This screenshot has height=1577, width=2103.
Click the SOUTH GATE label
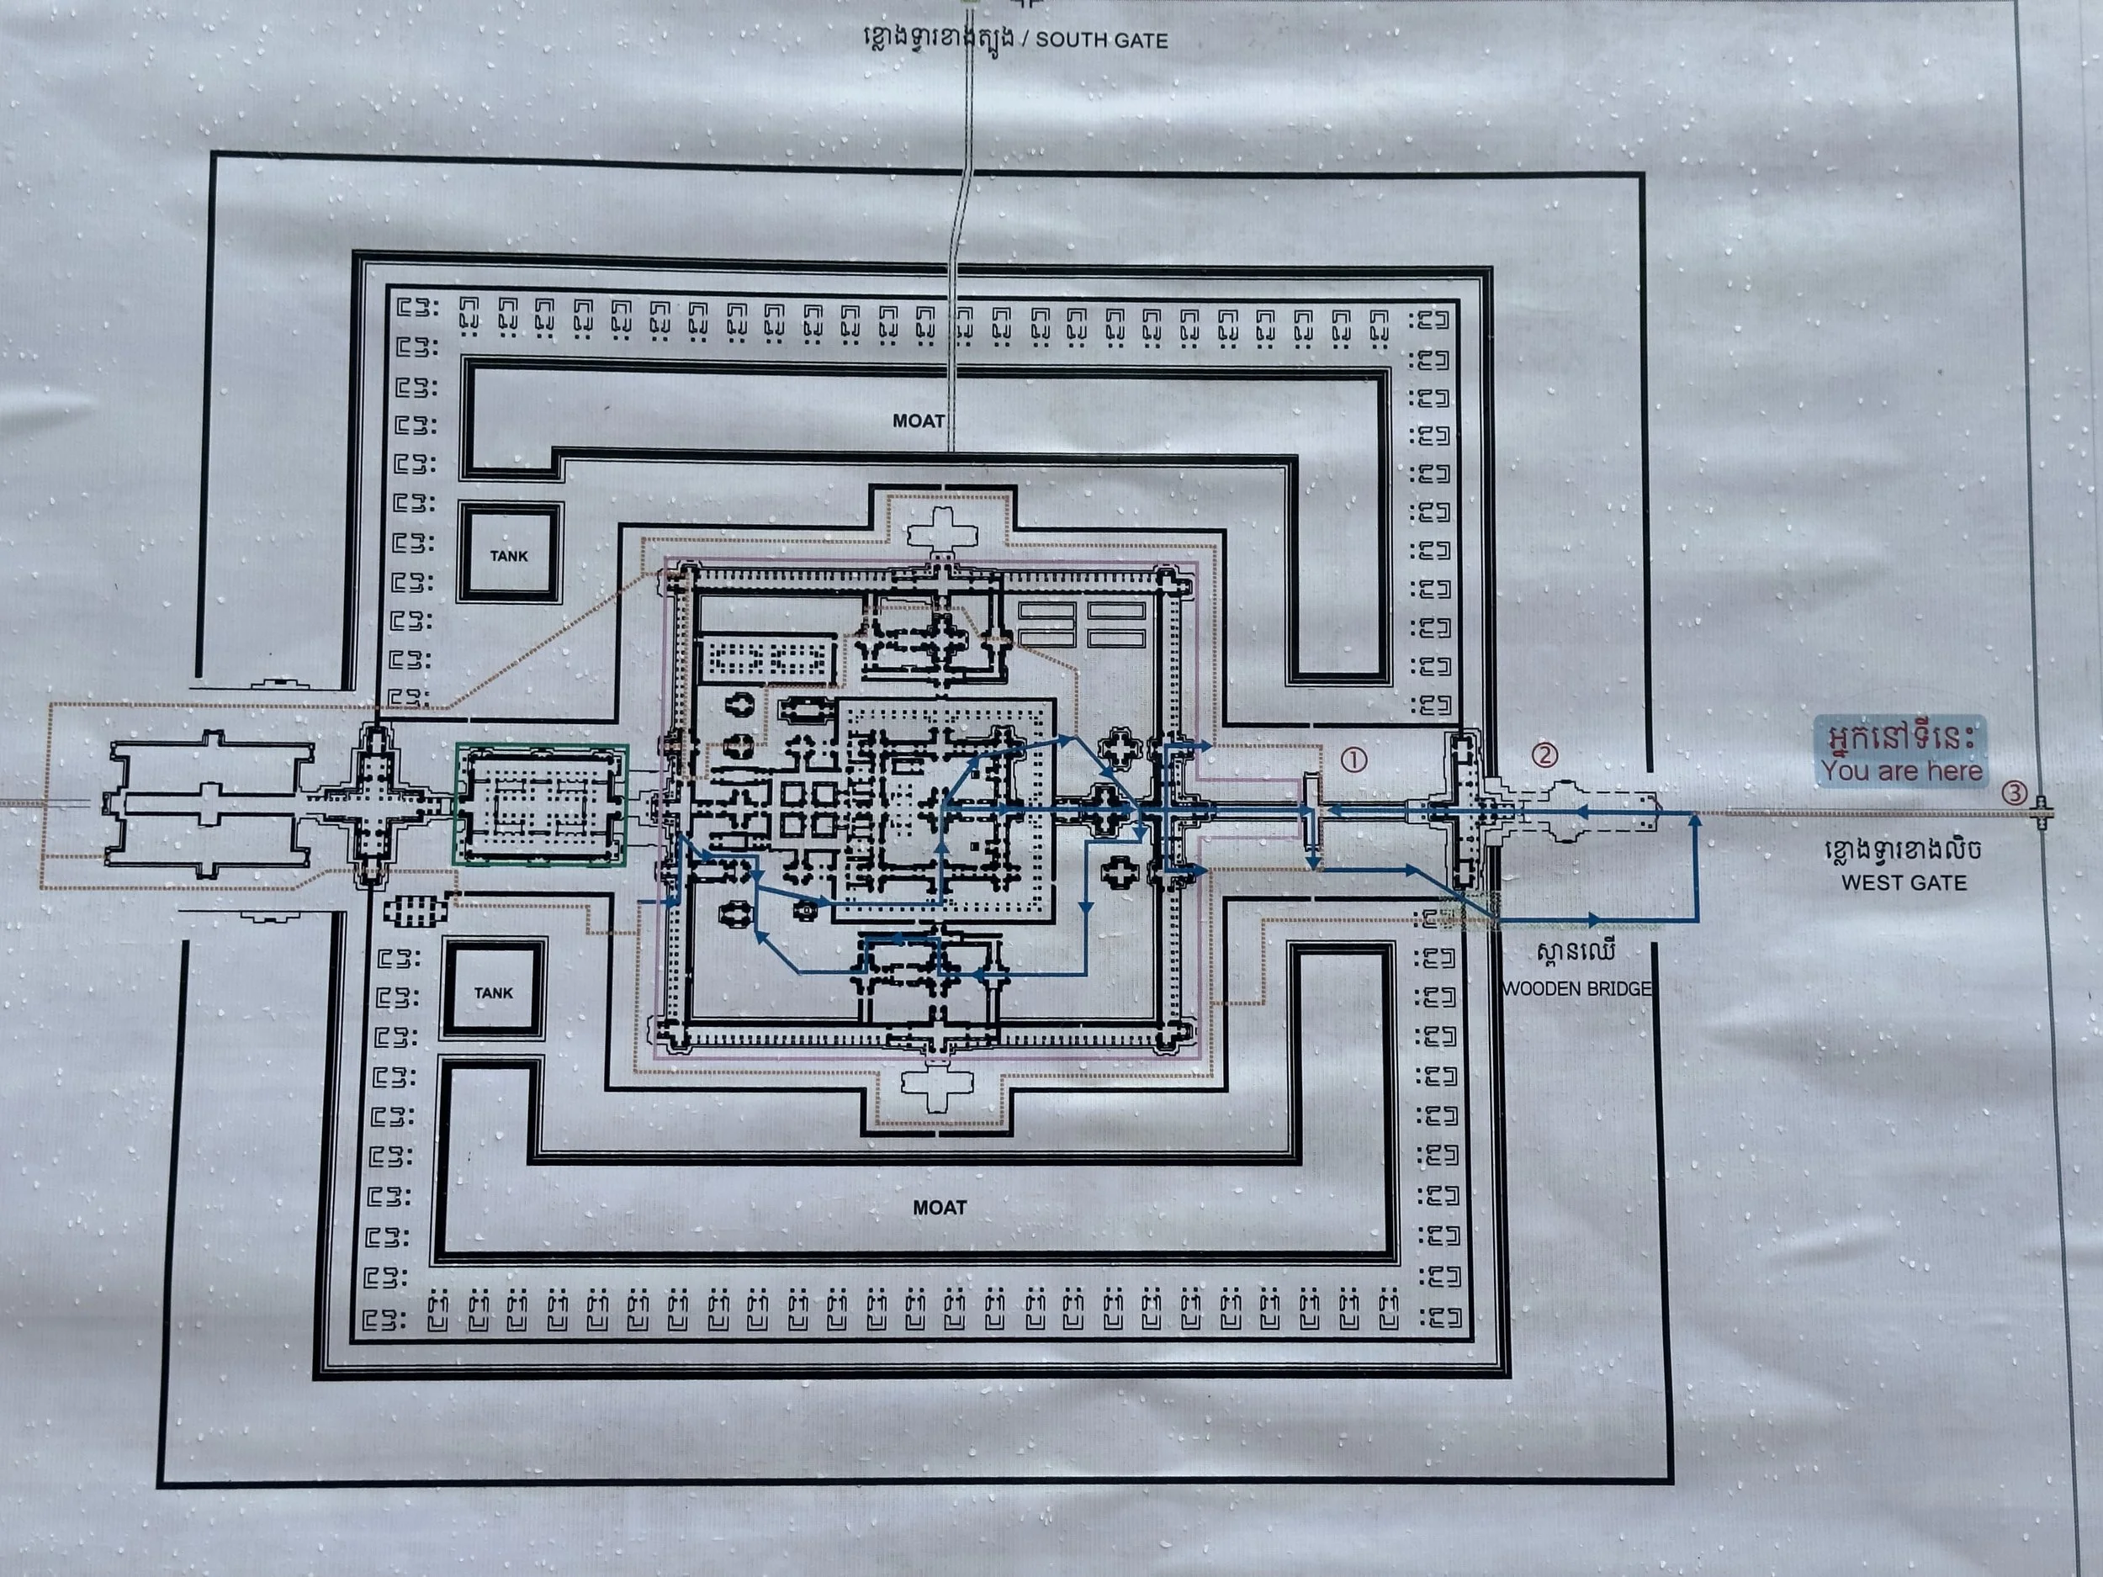1101,40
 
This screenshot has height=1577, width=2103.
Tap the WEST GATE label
1904,882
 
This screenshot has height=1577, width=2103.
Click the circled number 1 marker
1353,759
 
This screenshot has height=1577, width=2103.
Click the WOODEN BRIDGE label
1576,988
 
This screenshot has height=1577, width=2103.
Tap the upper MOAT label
919,421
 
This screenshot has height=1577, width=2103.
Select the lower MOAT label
940,1207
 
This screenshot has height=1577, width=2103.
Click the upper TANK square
509,554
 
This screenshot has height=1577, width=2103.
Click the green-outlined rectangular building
540,803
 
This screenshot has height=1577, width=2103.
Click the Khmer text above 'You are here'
1900,736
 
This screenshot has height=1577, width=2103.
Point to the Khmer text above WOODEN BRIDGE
1576,952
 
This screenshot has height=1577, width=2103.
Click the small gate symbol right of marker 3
2040,812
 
